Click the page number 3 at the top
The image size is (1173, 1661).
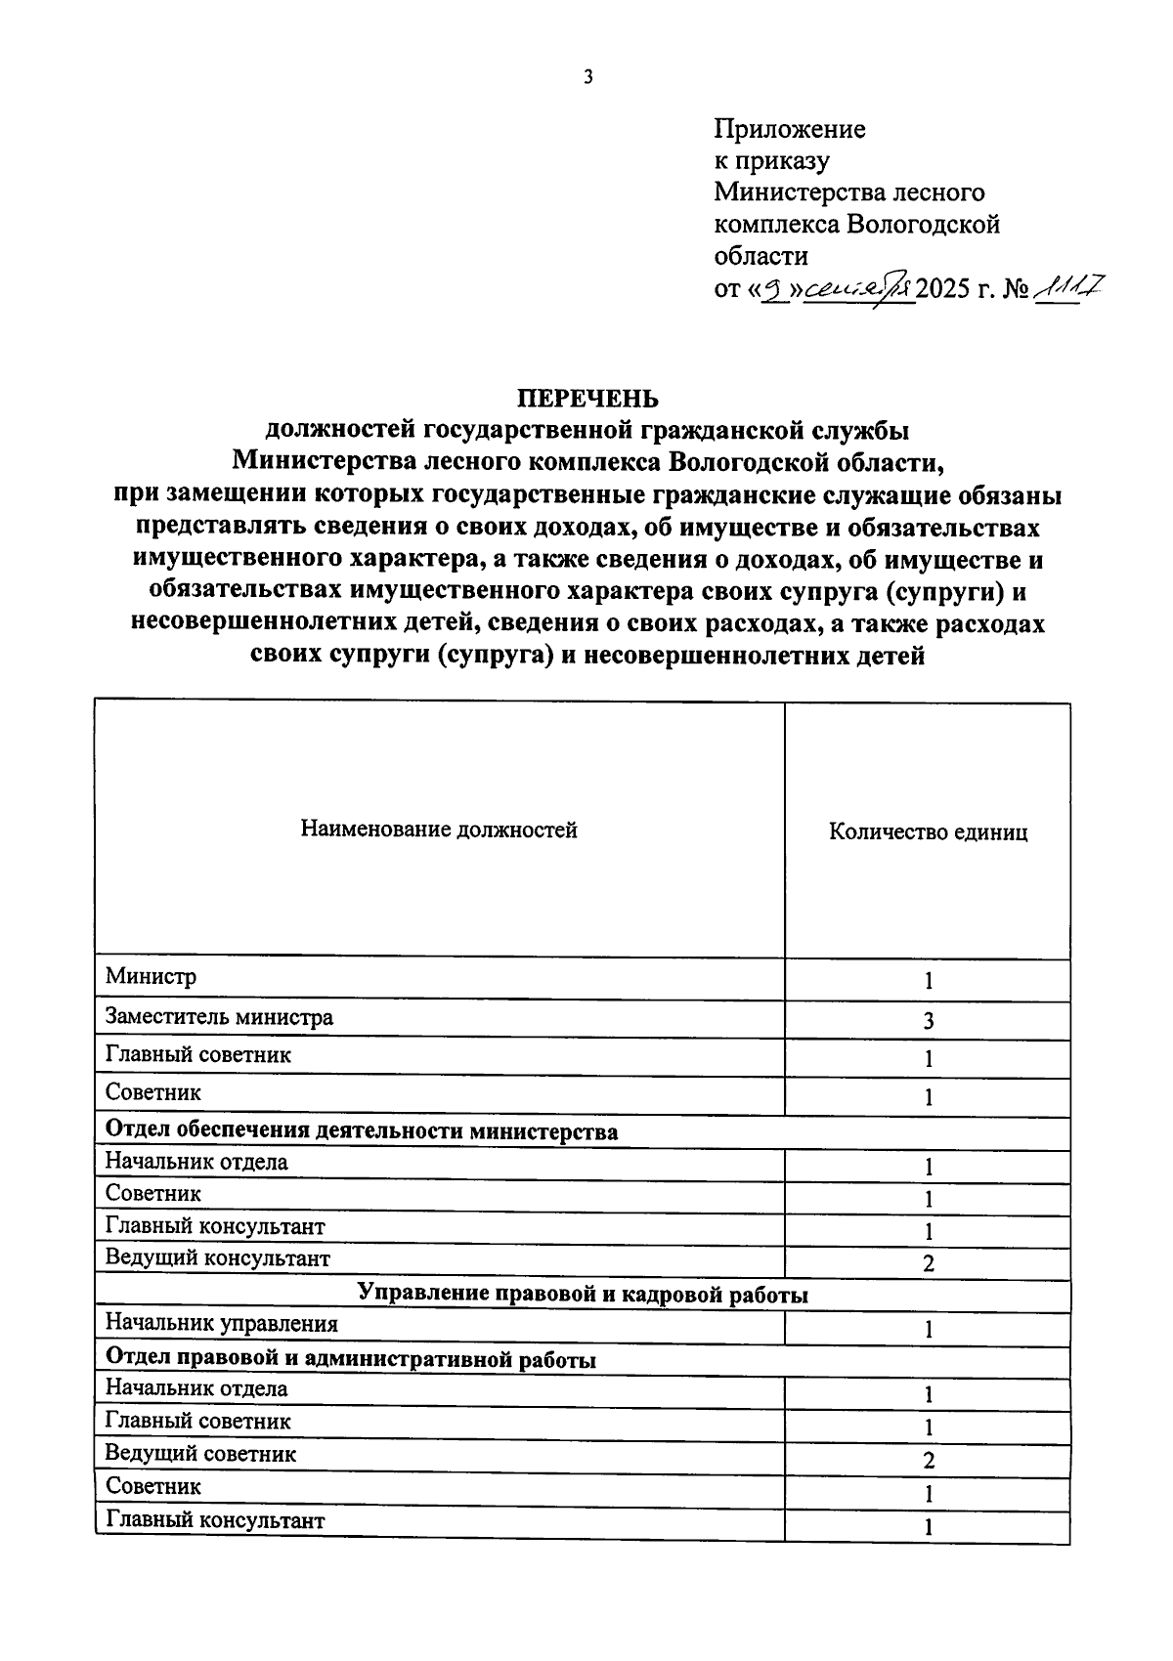587,78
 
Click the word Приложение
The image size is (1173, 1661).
789,129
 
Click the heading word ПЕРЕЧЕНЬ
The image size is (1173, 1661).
587,399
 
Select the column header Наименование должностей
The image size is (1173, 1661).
439,830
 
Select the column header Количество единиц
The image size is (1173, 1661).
928,832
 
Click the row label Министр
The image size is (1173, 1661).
151,976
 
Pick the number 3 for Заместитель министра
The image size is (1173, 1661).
929,1021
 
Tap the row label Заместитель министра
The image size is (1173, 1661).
219,1017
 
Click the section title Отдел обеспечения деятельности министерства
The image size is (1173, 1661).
361,1131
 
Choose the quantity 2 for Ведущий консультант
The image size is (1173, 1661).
929,1263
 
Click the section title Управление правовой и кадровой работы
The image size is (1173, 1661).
583,1294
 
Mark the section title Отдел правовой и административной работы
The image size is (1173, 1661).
350,1359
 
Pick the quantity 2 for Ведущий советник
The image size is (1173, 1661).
929,1461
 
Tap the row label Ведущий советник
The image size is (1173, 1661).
200,1454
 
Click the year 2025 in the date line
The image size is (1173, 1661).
941,289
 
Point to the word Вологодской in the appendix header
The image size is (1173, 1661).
924,225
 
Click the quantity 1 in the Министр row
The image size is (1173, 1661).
929,981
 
